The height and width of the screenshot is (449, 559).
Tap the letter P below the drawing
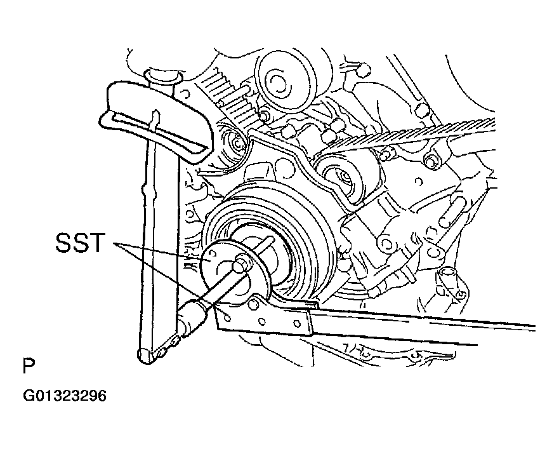click(x=28, y=366)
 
